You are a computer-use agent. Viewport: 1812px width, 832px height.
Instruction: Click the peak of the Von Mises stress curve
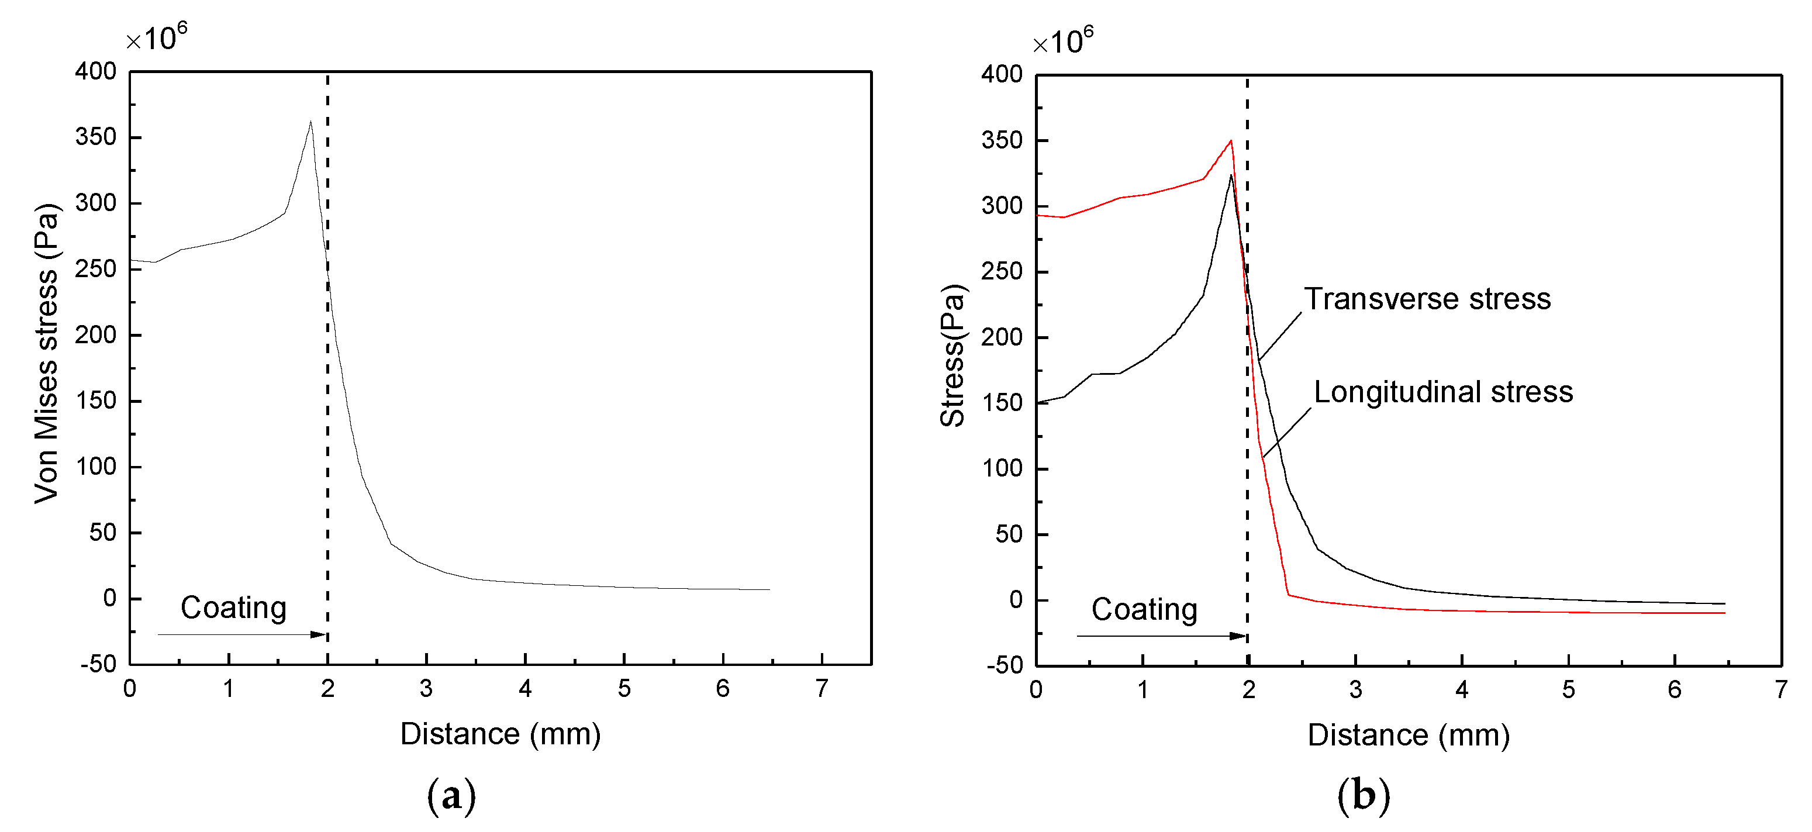310,122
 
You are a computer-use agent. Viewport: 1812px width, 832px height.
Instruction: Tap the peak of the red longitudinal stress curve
1230,141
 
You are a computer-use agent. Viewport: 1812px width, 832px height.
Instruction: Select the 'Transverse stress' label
1427,299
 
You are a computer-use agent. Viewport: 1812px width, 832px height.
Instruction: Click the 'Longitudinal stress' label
1442,392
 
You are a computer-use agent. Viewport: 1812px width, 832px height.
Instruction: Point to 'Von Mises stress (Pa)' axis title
46,353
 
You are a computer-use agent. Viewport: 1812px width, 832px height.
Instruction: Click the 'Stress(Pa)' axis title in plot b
952,355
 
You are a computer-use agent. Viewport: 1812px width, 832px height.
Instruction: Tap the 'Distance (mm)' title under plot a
500,734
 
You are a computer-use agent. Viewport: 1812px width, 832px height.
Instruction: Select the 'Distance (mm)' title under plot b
1408,735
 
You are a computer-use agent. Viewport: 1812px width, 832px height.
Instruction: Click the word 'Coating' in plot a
233,607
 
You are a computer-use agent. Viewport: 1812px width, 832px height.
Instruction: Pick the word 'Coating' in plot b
1144,609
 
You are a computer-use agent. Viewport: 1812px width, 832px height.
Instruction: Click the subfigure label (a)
451,795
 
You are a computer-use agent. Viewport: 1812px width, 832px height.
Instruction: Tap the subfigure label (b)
1363,795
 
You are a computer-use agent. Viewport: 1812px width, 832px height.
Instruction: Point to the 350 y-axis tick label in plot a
96,136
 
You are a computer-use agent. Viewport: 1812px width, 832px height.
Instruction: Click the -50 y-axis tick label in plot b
1005,665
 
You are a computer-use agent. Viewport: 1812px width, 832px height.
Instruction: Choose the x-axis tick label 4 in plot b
1462,689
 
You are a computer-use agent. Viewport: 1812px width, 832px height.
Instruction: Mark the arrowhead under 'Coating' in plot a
319,634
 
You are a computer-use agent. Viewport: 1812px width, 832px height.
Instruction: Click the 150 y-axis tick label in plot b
1002,402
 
